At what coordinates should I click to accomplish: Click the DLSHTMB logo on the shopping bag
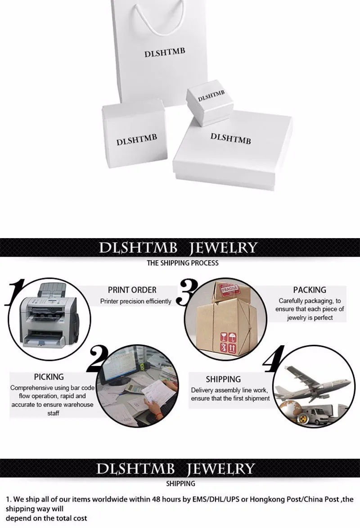tap(164, 53)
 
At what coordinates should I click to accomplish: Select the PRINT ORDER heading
tap(132, 290)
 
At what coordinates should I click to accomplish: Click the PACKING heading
tap(310, 290)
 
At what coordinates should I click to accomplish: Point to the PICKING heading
tap(49, 377)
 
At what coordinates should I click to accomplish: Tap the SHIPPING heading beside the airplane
tap(223, 379)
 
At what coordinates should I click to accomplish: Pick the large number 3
tap(185, 291)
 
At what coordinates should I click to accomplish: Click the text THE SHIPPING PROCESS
tap(183, 262)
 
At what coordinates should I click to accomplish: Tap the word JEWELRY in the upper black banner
tap(223, 248)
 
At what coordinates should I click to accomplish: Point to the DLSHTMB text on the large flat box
tap(230, 138)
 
